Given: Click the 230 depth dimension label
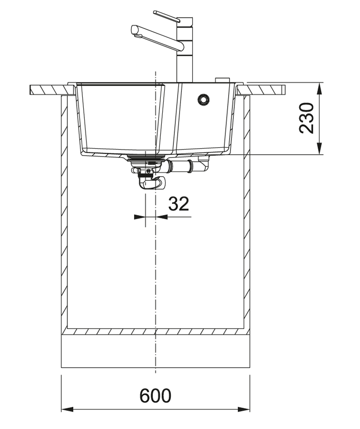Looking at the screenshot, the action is (306, 118).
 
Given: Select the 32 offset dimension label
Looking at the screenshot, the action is (179, 204).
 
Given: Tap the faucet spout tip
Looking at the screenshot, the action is (135, 30).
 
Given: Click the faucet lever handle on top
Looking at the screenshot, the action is (166, 16).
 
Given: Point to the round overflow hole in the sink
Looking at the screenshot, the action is (203, 99).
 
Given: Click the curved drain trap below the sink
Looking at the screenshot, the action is (151, 183).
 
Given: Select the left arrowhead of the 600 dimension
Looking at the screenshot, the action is (67, 409).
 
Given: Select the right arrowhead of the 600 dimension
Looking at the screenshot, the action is (244, 409).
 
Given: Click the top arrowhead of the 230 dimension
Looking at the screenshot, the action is (319, 89).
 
